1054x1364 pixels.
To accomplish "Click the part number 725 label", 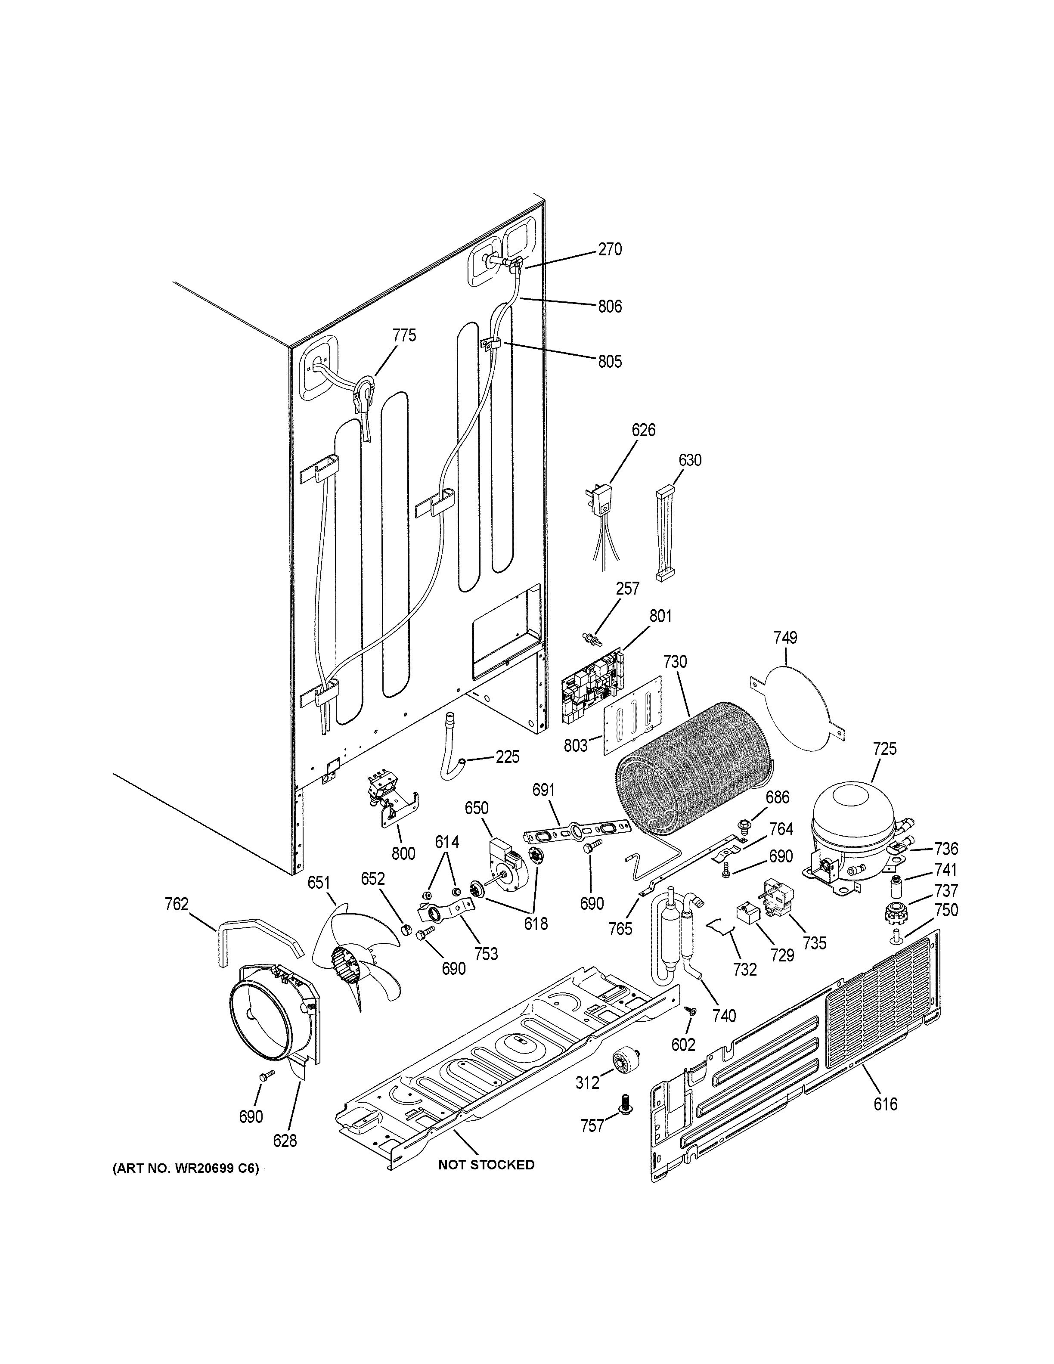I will tap(885, 748).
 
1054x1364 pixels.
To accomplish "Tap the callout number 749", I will tap(785, 638).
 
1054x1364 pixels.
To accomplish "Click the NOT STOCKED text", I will tap(486, 1165).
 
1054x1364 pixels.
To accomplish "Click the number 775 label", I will tap(404, 335).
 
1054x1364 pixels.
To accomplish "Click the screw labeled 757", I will tap(623, 1105).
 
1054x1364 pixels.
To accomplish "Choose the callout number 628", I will tap(285, 1141).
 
